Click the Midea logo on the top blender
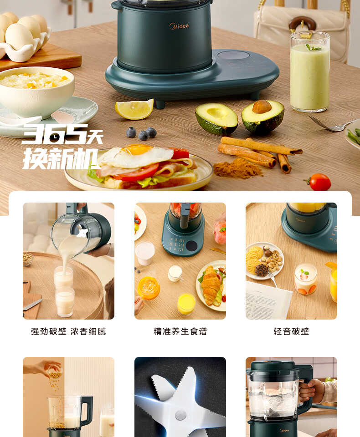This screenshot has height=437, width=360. pos(179,26)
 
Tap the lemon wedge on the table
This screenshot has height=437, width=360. pos(134,109)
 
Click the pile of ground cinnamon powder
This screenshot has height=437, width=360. pos(237,168)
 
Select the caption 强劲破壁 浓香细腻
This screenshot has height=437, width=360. pos(68,331)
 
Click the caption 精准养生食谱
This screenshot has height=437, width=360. pos(180,331)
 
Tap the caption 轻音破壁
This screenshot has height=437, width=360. pos(291,331)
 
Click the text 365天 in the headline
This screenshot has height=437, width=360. pos(62,134)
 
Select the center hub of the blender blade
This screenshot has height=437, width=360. pos(180,414)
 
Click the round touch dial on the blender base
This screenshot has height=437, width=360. pos(233,55)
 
